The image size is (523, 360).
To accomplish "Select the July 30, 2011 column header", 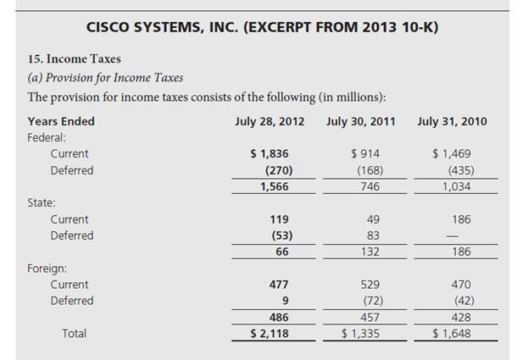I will click(360, 121).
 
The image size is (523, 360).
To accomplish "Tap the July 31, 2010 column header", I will click(452, 121).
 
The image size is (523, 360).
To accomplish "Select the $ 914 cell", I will click(365, 153).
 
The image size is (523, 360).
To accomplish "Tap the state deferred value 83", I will click(373, 235).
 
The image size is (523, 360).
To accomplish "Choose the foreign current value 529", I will click(370, 285).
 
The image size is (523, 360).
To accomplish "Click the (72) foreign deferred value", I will click(370, 301).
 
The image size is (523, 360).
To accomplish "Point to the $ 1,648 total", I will click(452, 334).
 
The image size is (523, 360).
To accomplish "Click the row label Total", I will click(75, 334).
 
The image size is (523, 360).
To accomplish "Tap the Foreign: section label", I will click(47, 268).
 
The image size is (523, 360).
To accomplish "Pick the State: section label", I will click(42, 202).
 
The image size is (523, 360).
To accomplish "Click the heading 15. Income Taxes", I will click(74, 58).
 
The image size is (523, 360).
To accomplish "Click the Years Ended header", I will click(61, 121).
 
